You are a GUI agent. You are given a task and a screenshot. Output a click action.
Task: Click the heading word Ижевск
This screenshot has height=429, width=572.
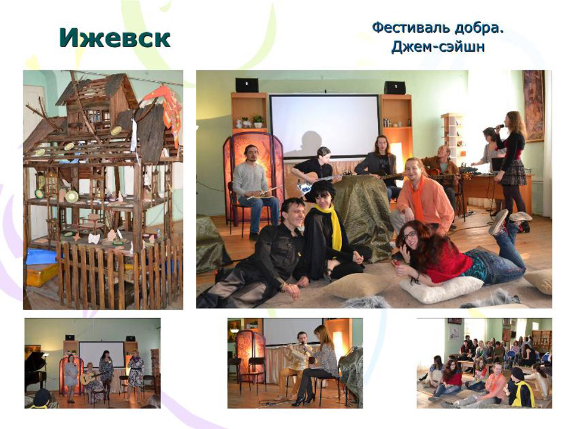pyautogui.click(x=114, y=38)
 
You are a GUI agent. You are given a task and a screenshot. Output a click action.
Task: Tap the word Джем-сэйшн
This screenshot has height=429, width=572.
pyautogui.click(x=438, y=47)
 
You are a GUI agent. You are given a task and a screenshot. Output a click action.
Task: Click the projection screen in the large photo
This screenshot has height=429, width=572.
pyautogui.click(x=324, y=126)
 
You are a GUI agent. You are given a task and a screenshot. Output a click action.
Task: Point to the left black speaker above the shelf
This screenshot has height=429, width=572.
pyautogui.click(x=247, y=85)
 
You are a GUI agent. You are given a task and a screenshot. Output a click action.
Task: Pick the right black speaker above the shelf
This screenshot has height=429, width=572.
pyautogui.click(x=394, y=88)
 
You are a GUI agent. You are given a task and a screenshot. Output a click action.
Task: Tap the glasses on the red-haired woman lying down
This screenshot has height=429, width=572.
pyautogui.click(x=410, y=235)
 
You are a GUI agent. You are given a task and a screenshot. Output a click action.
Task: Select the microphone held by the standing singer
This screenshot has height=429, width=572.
pyautogui.click(x=498, y=127)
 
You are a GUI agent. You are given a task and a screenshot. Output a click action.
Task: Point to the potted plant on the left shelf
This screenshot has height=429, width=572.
pyautogui.click(x=258, y=121)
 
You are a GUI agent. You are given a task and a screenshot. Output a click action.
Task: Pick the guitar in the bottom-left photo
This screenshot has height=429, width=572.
pyautogui.click(x=90, y=378)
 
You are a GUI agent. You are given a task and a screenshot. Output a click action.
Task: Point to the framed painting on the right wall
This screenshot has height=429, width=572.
pyautogui.click(x=533, y=106)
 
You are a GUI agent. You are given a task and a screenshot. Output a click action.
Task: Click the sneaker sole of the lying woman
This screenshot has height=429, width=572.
pyautogui.click(x=499, y=222)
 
